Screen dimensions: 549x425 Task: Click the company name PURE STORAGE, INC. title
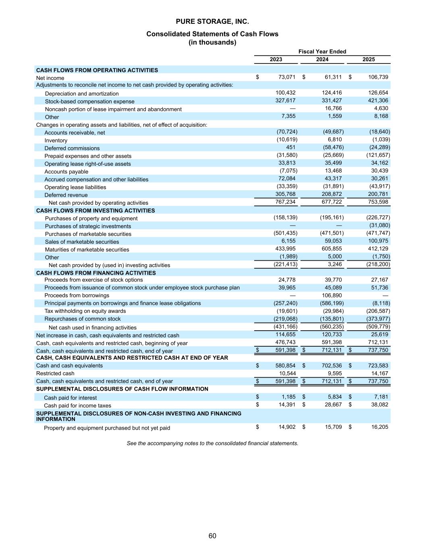[x=212, y=21]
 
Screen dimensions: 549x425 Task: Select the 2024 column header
[x=322, y=60]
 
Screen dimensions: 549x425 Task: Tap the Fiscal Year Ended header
[x=322, y=51]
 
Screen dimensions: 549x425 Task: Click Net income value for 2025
[x=378, y=77]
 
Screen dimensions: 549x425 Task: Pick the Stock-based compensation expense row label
[x=89, y=101]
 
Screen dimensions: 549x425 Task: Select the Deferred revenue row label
[x=66, y=195]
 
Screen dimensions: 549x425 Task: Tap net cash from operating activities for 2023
[x=285, y=202]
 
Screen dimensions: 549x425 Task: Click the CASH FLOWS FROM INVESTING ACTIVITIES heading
[x=95, y=210]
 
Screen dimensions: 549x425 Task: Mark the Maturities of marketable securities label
[x=87, y=249]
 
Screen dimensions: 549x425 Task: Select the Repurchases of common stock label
[x=82, y=319]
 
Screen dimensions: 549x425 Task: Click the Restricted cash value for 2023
[x=287, y=373]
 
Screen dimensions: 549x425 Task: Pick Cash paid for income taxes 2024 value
[x=333, y=405]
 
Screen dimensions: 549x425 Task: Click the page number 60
[x=212, y=536]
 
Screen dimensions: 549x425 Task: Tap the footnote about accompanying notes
[x=212, y=443]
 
